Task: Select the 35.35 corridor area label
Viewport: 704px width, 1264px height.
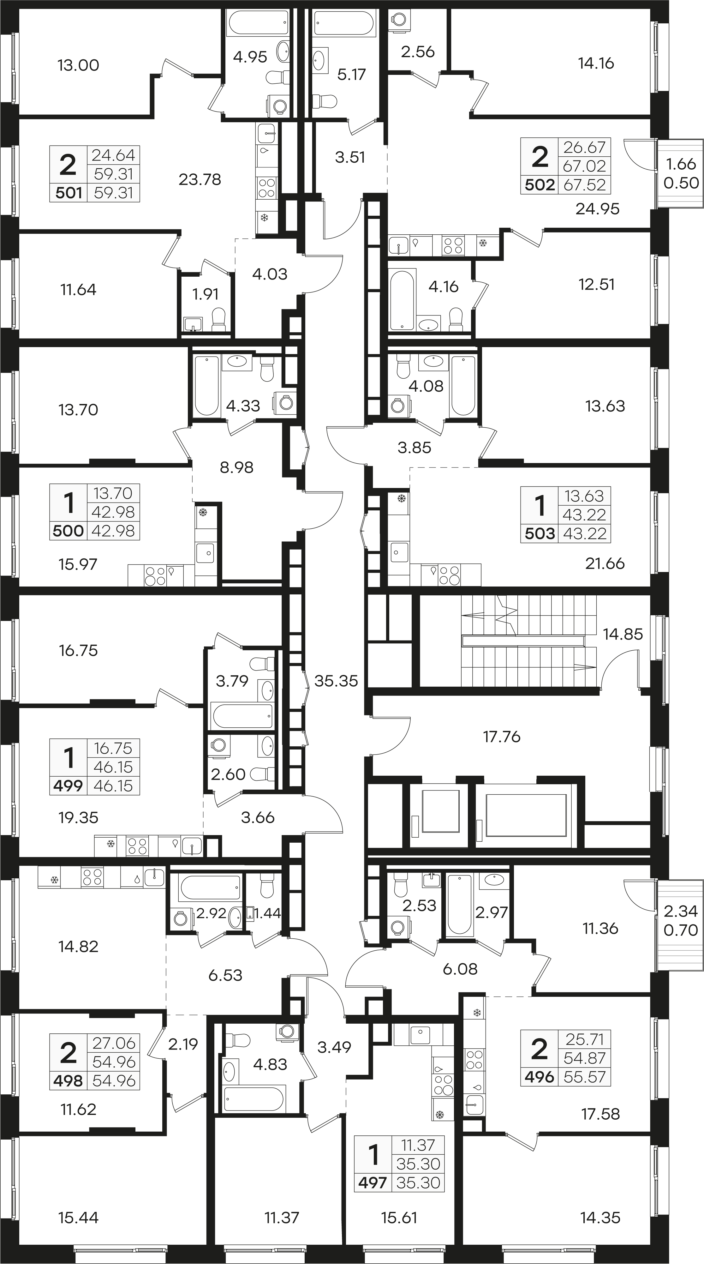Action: [x=336, y=681]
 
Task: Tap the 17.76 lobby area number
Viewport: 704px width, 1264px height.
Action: [x=501, y=737]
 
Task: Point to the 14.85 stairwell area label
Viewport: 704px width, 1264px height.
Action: [x=623, y=634]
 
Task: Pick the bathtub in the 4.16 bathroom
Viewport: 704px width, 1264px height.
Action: [x=402, y=299]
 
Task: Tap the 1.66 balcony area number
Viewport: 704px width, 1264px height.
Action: [x=681, y=164]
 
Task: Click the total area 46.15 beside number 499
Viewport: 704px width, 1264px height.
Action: [x=113, y=785]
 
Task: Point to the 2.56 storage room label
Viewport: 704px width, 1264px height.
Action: [x=417, y=51]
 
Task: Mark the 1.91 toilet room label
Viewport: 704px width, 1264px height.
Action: [x=205, y=294]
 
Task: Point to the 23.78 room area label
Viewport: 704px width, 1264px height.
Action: [x=200, y=180]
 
